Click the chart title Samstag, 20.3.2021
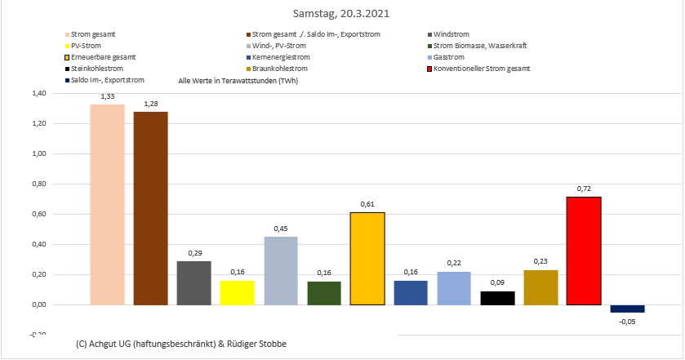(342, 15)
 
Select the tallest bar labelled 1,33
(107, 204)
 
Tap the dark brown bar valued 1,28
(150, 208)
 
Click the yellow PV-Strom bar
(237, 292)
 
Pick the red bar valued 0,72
(584, 251)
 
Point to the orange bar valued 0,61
(367, 259)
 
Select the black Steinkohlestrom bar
(497, 298)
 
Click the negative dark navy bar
(627, 309)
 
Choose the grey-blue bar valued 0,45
(280, 271)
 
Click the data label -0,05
(627, 322)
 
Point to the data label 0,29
(193, 254)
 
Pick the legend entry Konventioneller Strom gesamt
(483, 69)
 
